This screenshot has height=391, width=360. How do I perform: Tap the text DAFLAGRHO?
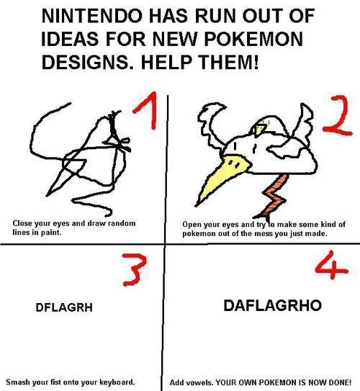264,306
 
